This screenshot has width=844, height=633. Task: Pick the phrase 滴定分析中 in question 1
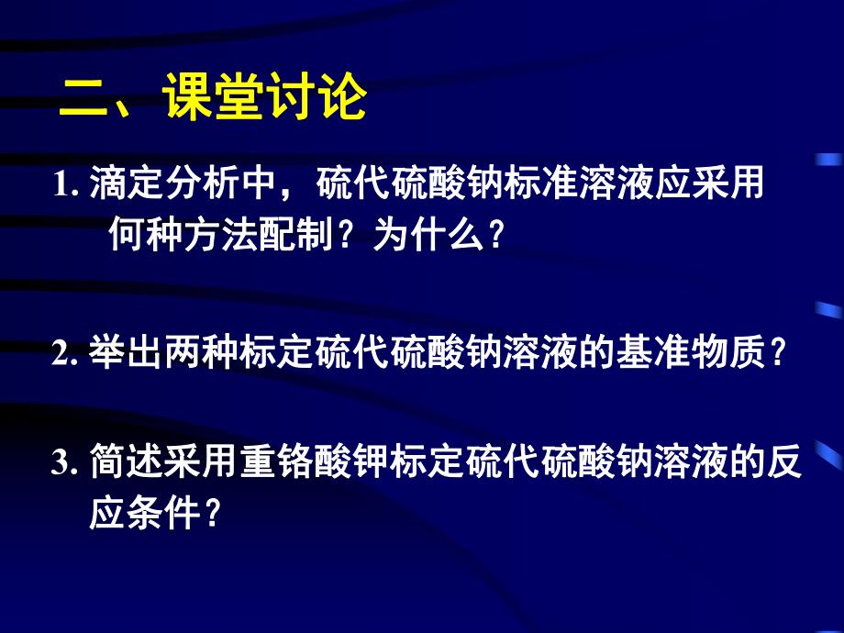tap(189, 185)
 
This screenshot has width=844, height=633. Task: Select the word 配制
tap(307, 237)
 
